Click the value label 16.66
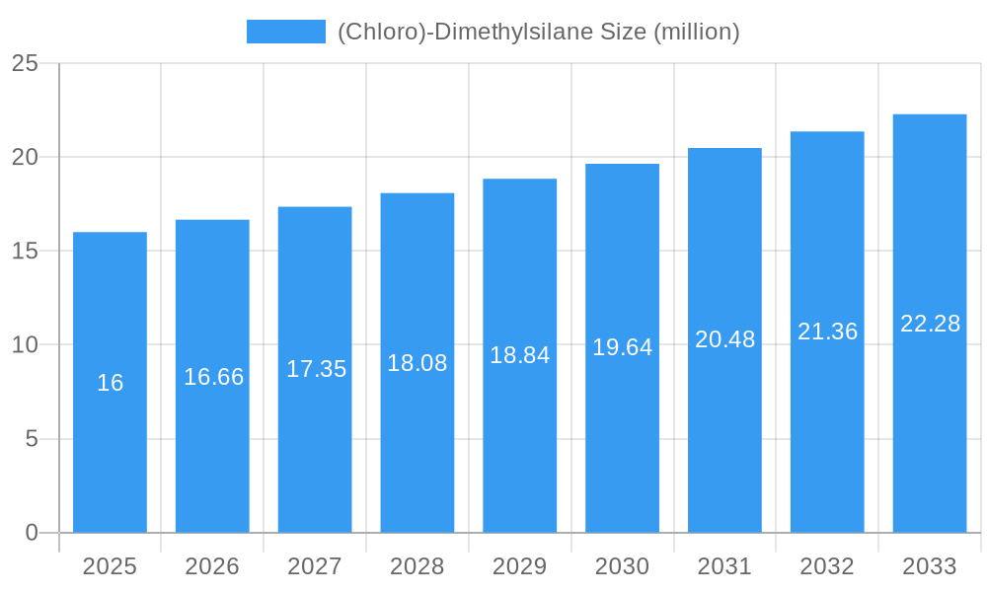[x=213, y=377]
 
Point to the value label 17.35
[x=316, y=369]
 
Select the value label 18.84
[x=520, y=355]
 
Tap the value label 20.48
[x=724, y=339]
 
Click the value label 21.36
[x=827, y=332]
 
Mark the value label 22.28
[x=930, y=324]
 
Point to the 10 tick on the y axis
[x=25, y=345]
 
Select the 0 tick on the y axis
[x=31, y=533]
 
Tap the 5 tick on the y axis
[x=31, y=439]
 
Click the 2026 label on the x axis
[x=212, y=566]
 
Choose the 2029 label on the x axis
[x=520, y=566]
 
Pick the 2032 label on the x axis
[x=827, y=566]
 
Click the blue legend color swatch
[x=286, y=32]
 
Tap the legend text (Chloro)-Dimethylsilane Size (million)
[x=538, y=32]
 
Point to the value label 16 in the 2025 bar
[x=110, y=383]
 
